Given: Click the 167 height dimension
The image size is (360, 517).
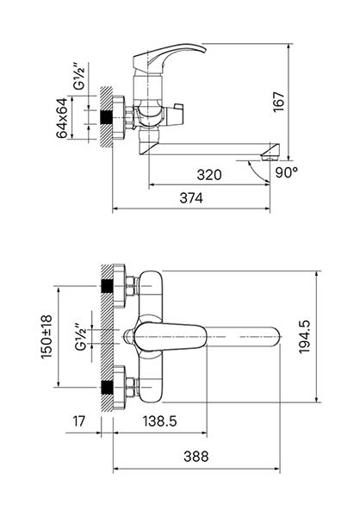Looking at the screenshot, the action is (x=278, y=102).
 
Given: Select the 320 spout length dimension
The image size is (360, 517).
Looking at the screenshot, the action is (x=209, y=174).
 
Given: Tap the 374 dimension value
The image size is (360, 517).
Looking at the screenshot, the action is (x=191, y=198).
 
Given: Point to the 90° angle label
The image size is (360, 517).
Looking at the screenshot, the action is (x=287, y=172).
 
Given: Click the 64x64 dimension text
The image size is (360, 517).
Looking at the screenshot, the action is (x=62, y=118).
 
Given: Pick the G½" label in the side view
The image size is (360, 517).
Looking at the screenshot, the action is (x=79, y=78).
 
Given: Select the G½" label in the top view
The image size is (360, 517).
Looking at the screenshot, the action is (x=80, y=337).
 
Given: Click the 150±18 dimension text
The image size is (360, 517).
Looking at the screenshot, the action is (x=47, y=337).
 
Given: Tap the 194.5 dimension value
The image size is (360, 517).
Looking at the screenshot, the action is (x=304, y=337).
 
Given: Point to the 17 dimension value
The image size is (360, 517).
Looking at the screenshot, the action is (x=78, y=421).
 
